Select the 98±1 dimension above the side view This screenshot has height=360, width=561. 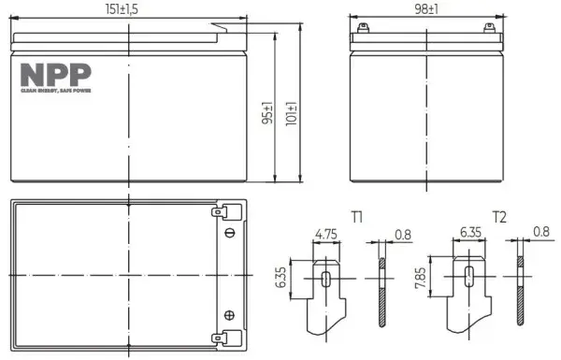coord(427,9)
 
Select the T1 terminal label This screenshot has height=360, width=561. coord(357,218)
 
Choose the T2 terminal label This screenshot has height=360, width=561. coord(499,218)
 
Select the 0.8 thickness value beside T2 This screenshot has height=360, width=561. coord(540,230)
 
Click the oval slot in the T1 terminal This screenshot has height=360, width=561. coord(326,280)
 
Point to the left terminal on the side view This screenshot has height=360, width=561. coord(365,28)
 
